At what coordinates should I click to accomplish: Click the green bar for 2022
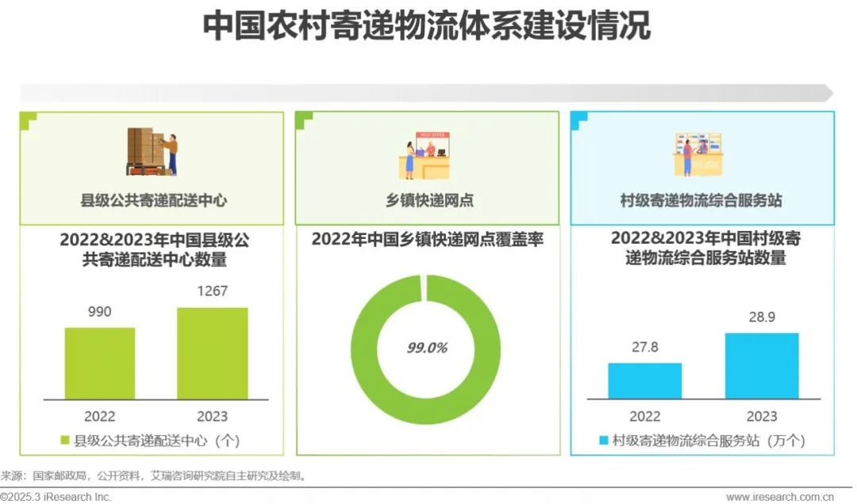click(100, 363)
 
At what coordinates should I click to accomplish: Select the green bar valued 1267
click(212, 353)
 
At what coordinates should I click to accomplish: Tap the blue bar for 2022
click(644, 380)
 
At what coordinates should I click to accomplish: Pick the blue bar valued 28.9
click(762, 365)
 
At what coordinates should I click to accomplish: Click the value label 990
click(99, 312)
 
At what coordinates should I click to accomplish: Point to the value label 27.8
click(644, 348)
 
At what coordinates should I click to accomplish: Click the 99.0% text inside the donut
click(427, 348)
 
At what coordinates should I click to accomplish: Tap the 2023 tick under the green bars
click(212, 416)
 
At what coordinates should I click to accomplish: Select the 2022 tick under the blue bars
click(644, 416)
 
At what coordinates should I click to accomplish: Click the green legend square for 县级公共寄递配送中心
click(65, 440)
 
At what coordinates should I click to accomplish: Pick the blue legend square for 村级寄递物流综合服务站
click(604, 441)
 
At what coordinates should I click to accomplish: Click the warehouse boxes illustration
click(152, 152)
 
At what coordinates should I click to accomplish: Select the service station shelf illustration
click(698, 154)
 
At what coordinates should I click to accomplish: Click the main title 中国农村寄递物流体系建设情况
click(427, 26)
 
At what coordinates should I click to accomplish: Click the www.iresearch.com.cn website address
click(780, 497)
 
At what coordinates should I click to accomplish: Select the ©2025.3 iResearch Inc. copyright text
click(56, 497)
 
